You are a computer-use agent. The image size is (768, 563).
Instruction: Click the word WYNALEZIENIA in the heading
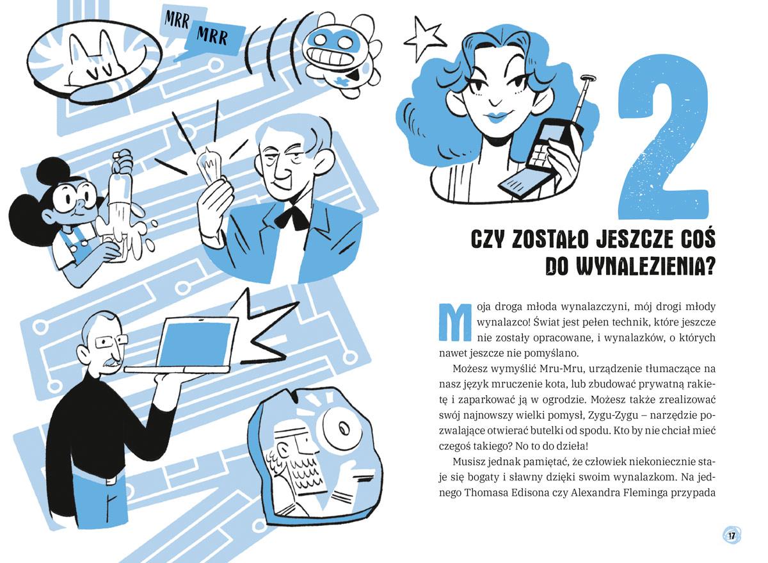pyautogui.click(x=622, y=266)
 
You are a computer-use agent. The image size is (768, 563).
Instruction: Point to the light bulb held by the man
pyautogui.click(x=210, y=165)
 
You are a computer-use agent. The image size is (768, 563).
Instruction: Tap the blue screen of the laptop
pyautogui.click(x=198, y=343)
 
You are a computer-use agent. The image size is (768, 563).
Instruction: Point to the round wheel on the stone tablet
pyautogui.click(x=338, y=428)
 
